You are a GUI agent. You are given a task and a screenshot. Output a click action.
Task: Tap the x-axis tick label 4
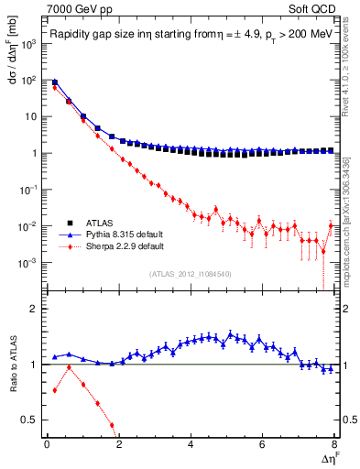click(191, 444)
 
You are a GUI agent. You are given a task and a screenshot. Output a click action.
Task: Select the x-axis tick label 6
click(263, 444)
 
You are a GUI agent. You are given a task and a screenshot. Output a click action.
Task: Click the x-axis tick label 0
click(47, 444)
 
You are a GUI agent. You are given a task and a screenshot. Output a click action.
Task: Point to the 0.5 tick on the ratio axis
click(31, 420)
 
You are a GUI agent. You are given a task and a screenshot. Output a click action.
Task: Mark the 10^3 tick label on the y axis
click(29, 44)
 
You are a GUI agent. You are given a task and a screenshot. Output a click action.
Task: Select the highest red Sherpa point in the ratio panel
click(69, 367)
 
